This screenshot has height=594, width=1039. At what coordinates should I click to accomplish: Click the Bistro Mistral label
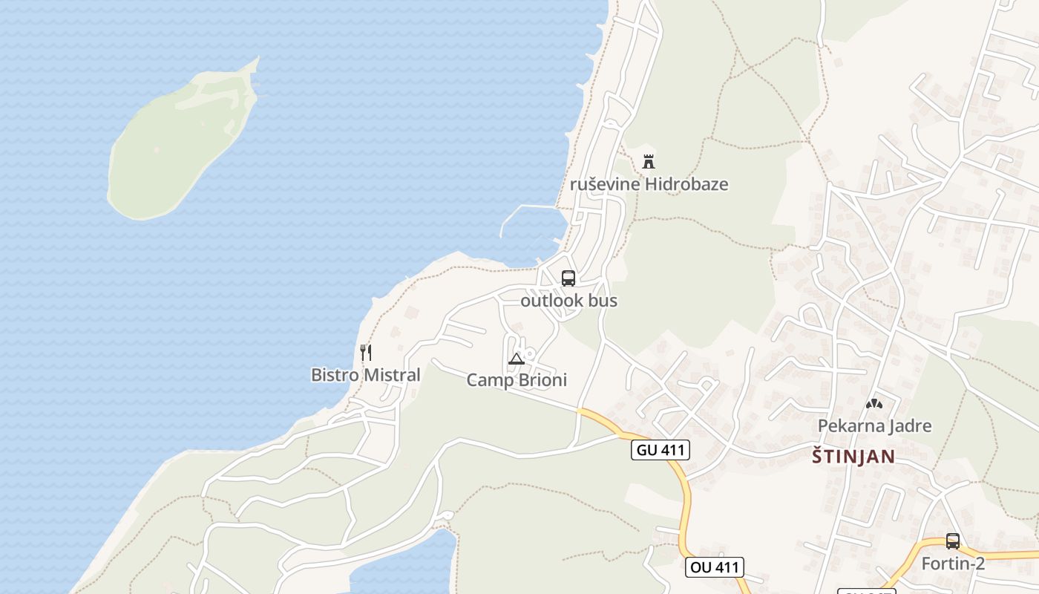coord(365,375)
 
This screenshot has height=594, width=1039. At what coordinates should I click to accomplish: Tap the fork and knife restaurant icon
coord(365,352)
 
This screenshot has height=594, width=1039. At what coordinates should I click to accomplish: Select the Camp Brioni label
coord(516,380)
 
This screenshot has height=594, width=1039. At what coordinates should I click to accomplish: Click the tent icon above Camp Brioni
coord(516,359)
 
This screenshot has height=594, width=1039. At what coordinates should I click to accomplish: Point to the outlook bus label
coord(568,301)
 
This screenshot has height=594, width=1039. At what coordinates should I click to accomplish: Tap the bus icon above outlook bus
coord(568,278)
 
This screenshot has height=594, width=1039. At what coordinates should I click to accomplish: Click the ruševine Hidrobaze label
coord(649,184)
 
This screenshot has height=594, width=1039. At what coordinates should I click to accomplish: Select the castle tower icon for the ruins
coord(649,161)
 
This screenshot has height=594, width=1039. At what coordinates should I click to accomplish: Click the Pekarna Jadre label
coord(874,425)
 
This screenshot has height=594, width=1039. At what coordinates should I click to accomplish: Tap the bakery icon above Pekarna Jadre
coord(874,404)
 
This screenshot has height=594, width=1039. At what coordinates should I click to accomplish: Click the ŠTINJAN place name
coord(853,456)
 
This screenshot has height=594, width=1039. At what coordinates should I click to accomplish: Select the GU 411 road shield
coord(661,449)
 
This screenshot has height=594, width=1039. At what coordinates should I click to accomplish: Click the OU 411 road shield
coord(714,567)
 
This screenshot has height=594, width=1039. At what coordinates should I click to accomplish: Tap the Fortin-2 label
coord(953,564)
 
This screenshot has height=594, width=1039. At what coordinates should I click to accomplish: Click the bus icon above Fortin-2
coord(953,541)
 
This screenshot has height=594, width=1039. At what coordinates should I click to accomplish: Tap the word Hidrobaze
coord(686,184)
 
